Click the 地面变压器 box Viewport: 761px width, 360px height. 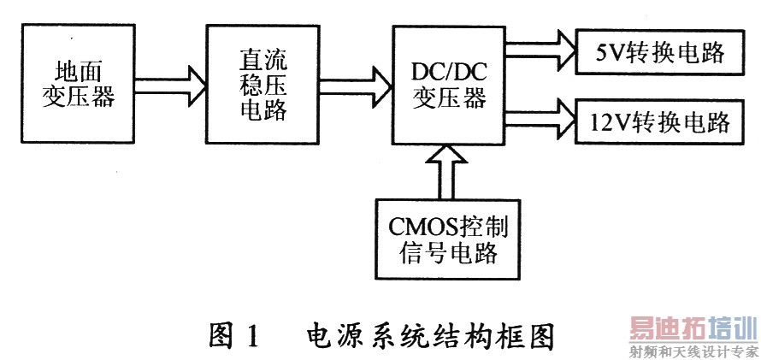[x=78, y=84]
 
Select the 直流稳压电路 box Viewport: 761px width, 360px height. [x=255, y=84]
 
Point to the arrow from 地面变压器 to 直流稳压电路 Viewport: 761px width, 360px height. [x=168, y=84]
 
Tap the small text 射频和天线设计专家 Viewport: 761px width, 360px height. [x=694, y=351]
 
